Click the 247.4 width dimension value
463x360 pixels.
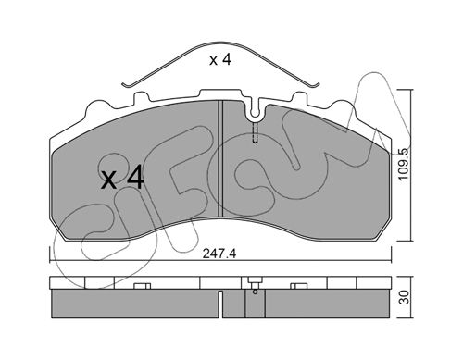coord(219,254)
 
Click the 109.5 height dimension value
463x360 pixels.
coord(403,165)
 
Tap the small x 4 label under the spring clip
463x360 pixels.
coord(220,60)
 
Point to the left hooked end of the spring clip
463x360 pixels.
coord(125,84)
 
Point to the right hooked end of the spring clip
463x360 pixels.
coord(316,85)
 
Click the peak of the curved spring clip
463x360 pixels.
coord(221,43)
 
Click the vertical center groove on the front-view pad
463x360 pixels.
coord(220,158)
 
